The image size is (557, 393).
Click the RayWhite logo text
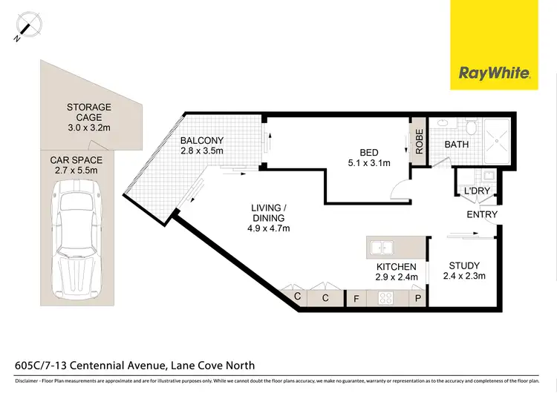tap(495, 73)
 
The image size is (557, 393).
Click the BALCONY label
tap(202, 140)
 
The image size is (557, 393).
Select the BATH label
tap(456, 145)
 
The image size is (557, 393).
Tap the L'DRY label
tap(475, 192)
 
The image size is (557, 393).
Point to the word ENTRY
tap(481, 215)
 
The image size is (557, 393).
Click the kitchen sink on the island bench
tap(385, 247)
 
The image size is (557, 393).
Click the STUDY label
tap(465, 265)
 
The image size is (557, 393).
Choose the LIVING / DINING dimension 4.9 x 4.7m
tap(269, 228)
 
